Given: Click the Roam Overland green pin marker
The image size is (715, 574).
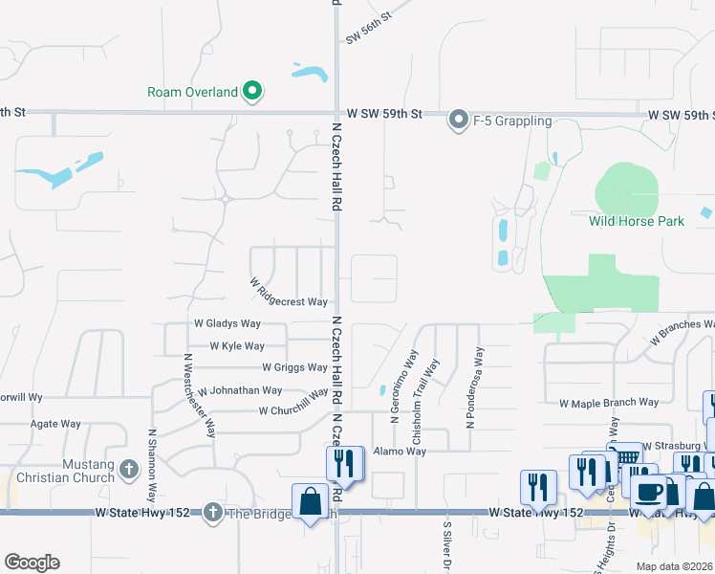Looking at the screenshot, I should point(252,92).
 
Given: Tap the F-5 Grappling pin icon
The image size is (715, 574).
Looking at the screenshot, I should point(459,121).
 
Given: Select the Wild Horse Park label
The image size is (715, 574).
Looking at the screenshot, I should point(636,221).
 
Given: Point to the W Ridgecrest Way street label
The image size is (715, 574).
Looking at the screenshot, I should point(289,294).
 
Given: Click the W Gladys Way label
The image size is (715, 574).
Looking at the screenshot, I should point(227,324).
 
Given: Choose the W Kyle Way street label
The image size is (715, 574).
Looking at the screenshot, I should point(237,346).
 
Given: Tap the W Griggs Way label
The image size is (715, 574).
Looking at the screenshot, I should point(294,367).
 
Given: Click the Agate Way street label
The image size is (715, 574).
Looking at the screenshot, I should point(56,424).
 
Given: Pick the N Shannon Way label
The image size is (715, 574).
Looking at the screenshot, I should point(152,465).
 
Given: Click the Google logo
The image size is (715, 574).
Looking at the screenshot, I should point(32,563).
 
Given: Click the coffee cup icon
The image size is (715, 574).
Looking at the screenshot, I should point(650,492).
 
